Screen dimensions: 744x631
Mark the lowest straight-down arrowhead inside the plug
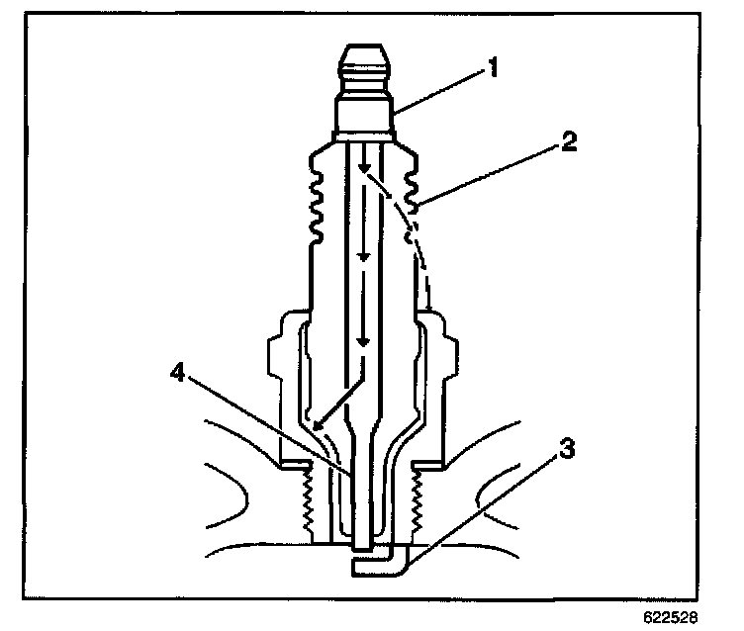click(x=364, y=340)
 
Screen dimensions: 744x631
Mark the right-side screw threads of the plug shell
click(x=418, y=504)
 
